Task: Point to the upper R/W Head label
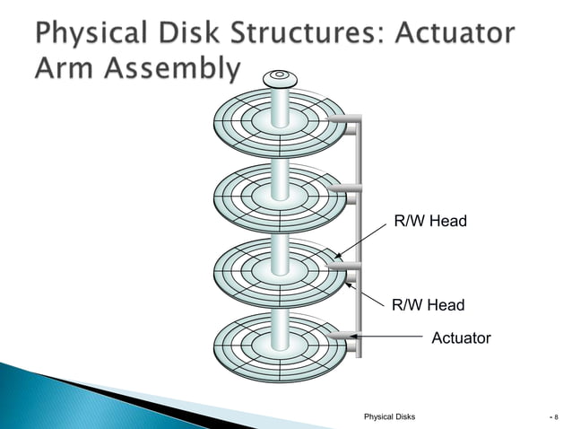[430, 221]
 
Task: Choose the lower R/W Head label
[428, 305]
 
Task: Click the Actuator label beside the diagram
[461, 338]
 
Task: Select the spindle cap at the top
[280, 78]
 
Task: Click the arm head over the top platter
[342, 118]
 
